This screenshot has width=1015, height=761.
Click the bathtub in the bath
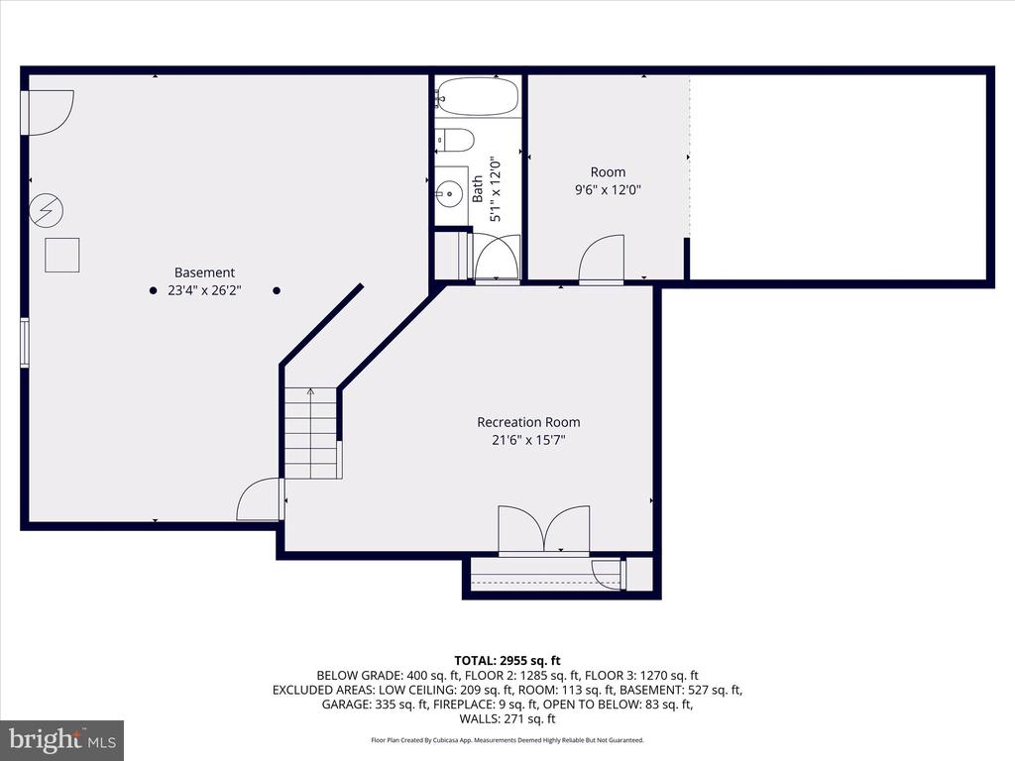tap(478, 96)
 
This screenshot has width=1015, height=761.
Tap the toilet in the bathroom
tap(455, 139)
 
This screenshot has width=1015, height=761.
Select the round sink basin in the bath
tap(448, 193)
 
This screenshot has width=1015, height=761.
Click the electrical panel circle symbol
tap(46, 211)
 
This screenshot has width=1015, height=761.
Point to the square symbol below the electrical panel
tap(62, 255)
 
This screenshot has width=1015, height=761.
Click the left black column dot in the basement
tap(153, 290)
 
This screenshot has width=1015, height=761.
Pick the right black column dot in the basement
tap(277, 290)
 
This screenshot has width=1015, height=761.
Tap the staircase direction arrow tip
tap(310, 388)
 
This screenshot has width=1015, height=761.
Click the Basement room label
tap(204, 272)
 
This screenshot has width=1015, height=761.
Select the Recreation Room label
tap(528, 422)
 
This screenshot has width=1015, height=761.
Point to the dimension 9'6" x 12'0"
tap(608, 190)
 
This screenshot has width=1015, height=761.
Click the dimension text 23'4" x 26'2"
tap(204, 290)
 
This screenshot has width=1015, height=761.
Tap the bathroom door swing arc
tap(498, 257)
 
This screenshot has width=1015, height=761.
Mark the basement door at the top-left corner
tap(48, 113)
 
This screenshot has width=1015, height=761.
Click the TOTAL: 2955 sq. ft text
tap(507, 661)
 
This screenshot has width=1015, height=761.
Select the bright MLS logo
tap(62, 739)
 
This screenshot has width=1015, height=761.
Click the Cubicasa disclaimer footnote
tap(507, 740)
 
